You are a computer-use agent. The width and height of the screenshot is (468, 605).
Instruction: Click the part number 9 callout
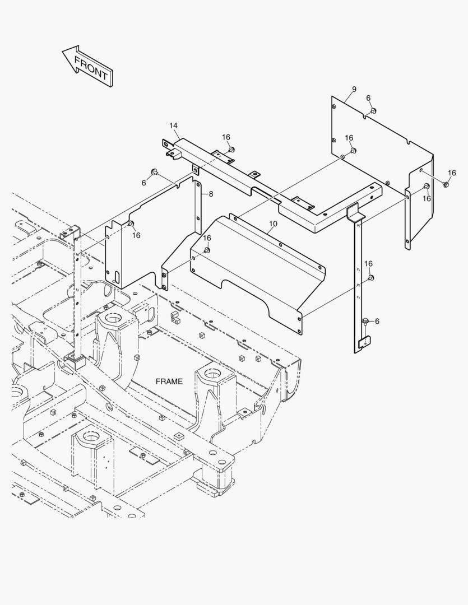coord(354,90)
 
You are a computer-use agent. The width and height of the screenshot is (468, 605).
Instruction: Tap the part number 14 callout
coord(173,126)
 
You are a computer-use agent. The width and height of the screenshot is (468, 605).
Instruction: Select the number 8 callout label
coord(211,194)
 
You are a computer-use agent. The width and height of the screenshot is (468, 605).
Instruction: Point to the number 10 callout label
coord(272,224)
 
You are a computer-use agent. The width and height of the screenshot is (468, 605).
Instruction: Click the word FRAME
coord(169,381)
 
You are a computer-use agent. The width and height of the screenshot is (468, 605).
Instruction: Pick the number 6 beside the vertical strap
coord(377,321)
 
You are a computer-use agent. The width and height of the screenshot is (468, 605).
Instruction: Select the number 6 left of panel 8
coord(143,183)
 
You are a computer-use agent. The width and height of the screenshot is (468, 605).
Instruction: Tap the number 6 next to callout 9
coord(368,98)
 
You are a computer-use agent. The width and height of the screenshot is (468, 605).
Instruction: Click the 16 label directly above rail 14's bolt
coord(226,137)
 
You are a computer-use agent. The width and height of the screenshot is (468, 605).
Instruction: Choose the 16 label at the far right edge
coord(452,173)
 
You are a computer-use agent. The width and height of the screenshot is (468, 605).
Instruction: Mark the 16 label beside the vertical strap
coord(368,263)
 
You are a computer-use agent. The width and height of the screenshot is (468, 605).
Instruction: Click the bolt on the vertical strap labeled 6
coord(365,321)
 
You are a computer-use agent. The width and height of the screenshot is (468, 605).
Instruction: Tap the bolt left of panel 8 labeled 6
coord(155,171)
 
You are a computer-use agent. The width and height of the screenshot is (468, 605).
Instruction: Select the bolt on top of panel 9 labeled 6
coord(374,110)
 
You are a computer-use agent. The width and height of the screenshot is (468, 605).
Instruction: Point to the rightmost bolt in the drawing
coord(446,184)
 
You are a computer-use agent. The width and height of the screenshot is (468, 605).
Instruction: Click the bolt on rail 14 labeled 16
coord(231,150)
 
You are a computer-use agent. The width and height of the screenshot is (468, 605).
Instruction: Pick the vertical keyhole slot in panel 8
coord(116,277)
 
